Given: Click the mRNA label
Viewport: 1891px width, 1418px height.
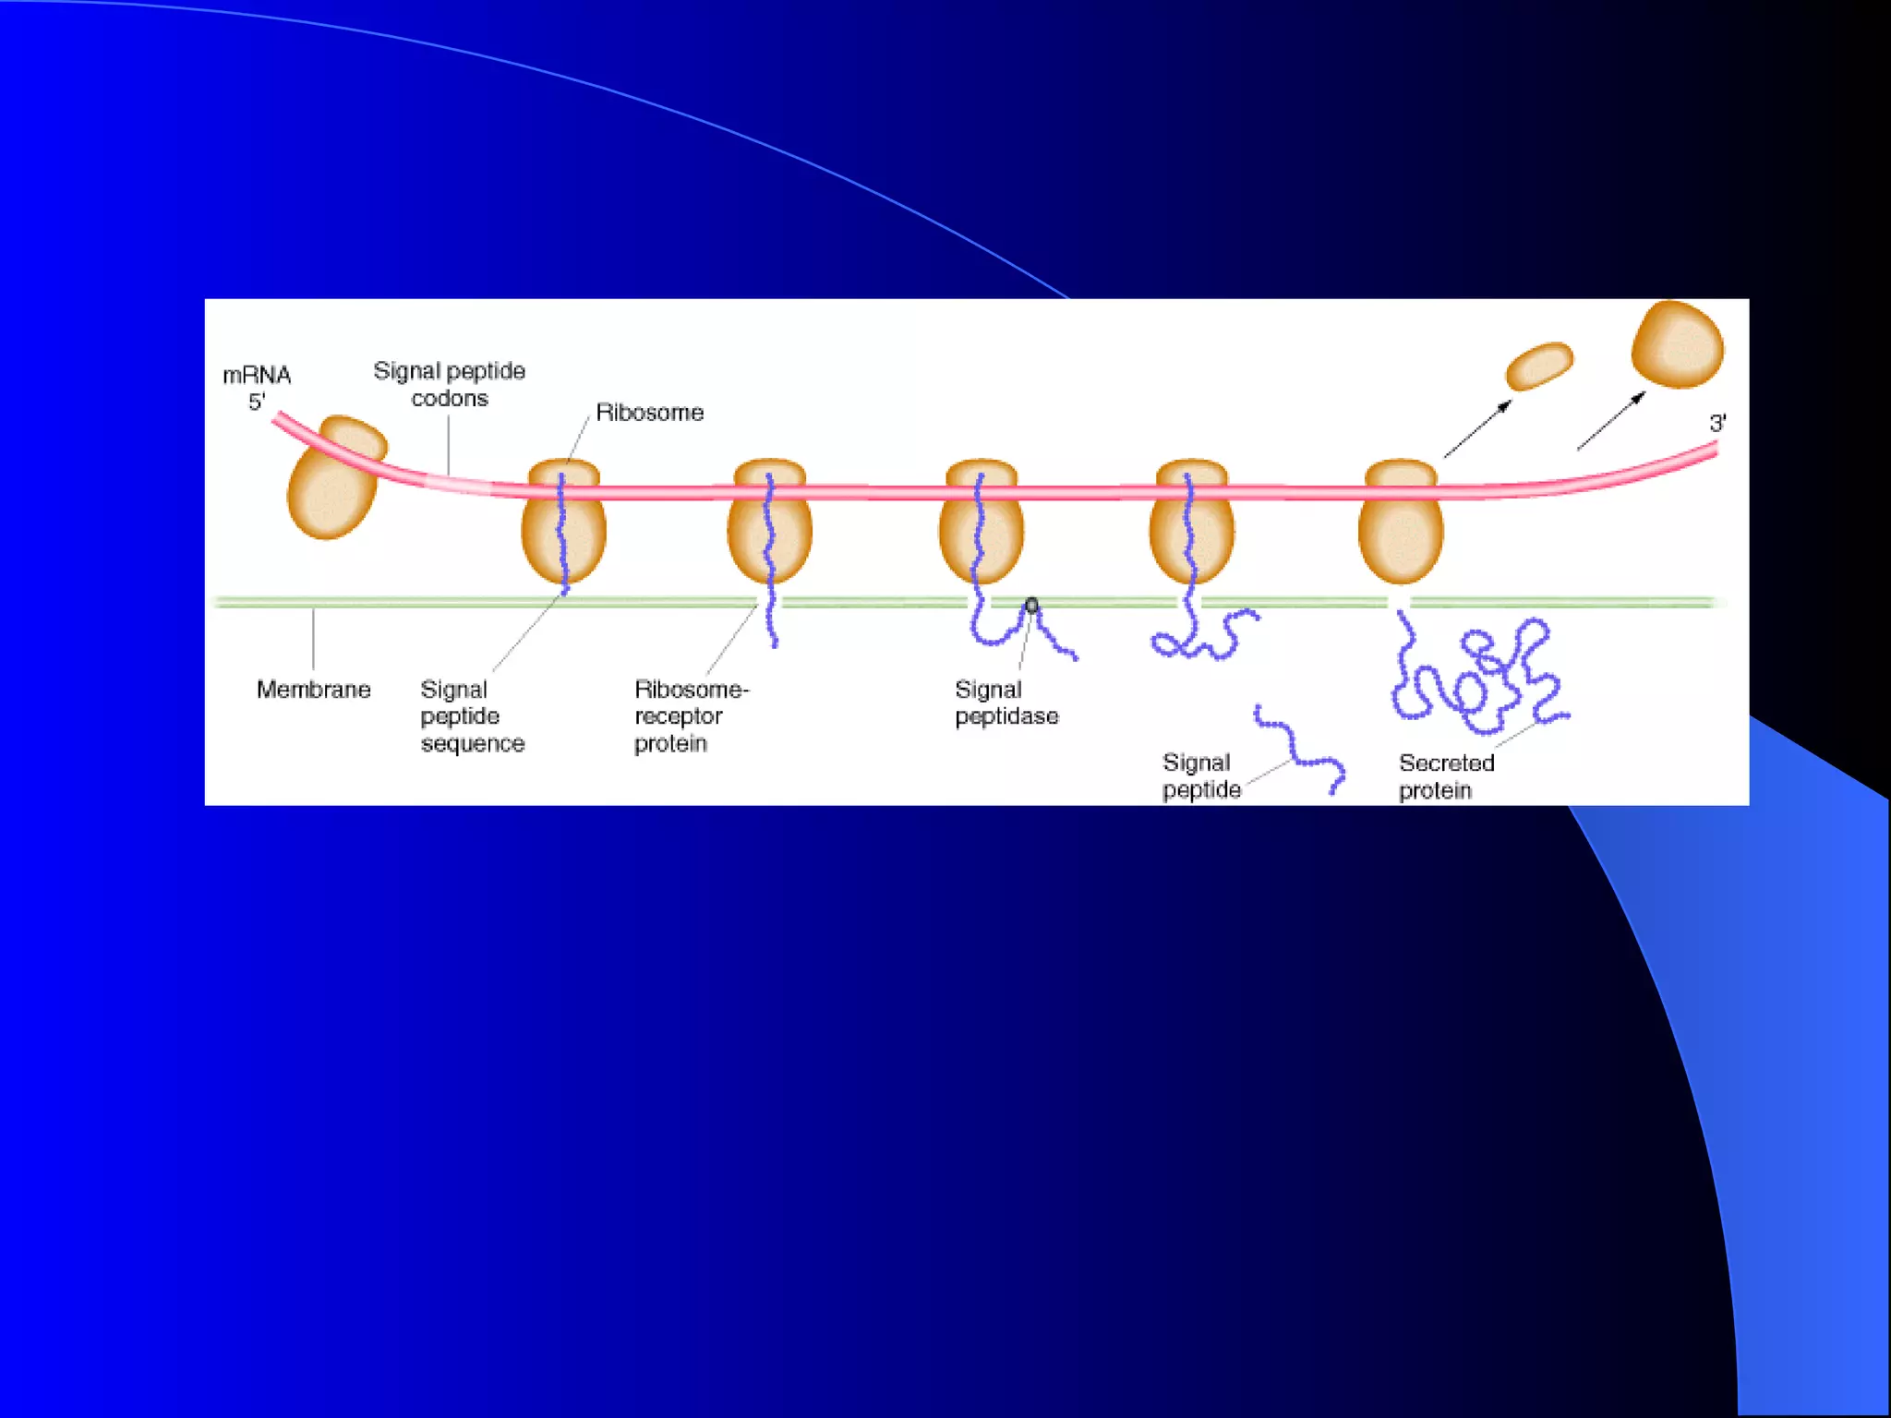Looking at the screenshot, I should (x=257, y=375).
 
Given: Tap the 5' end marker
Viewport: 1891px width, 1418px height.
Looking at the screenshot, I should (x=256, y=403).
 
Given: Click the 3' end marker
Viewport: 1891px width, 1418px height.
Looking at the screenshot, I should (x=1717, y=424).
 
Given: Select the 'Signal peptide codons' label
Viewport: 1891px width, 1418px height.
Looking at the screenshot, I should (x=450, y=384).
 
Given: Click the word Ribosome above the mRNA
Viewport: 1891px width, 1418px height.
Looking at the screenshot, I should (x=649, y=413).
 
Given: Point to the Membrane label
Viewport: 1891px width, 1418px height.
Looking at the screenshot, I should (x=313, y=690).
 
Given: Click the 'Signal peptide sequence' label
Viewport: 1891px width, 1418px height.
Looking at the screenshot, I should (x=471, y=716).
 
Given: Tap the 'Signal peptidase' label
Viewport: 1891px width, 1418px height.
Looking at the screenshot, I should (x=1006, y=703).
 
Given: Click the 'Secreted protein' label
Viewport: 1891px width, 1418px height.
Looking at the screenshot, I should (x=1445, y=776).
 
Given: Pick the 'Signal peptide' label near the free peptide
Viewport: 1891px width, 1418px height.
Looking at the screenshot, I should (x=1200, y=775).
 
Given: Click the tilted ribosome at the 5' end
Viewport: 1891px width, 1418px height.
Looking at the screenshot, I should (x=334, y=477).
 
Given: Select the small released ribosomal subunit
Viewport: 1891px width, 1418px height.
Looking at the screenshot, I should (x=1538, y=367).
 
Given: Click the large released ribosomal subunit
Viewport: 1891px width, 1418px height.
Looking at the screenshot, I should (x=1677, y=344).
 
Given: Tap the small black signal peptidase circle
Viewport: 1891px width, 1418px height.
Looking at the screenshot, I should (x=1031, y=606).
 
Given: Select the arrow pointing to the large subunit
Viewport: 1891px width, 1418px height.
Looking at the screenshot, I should (x=1611, y=421).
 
